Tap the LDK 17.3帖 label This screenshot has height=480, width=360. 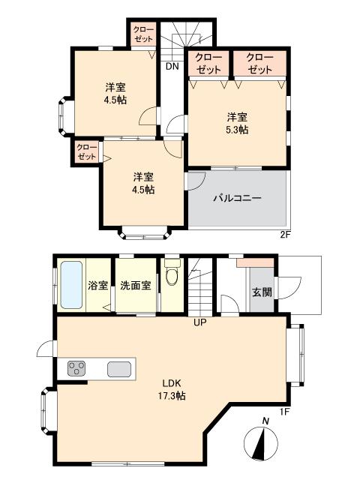coord(172,388)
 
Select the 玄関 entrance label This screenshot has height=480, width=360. coord(260,292)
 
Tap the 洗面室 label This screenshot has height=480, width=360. coord(136,286)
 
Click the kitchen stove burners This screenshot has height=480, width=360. coord(77,368)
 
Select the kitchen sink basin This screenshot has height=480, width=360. coord(118,369)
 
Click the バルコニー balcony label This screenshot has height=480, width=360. coord(237,199)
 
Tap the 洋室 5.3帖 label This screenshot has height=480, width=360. coord(238,123)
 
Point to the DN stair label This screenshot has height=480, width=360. coord(172,66)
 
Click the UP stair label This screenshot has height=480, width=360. coord(199,323)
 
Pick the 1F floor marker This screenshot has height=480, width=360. coord(284,412)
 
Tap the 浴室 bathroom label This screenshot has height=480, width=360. coord(97,286)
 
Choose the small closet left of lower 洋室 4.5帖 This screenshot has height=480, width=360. coord(87,152)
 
